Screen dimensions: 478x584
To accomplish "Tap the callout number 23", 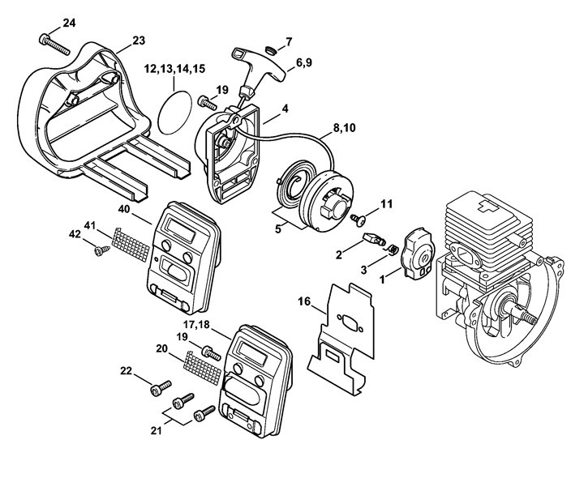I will click(139, 40).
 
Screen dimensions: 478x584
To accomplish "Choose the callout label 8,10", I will click(344, 127).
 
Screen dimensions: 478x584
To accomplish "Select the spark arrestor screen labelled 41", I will click(131, 241).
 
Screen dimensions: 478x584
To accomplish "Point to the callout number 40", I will click(123, 208).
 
